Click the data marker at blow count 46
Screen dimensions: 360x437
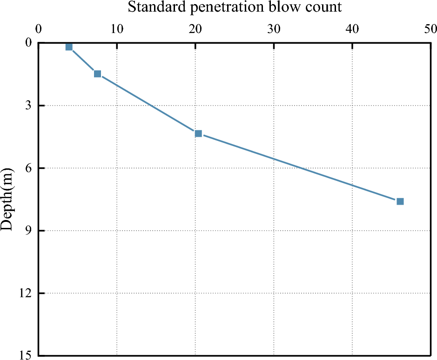pyautogui.click(x=400, y=201)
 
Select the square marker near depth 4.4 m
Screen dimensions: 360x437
pyautogui.click(x=198, y=133)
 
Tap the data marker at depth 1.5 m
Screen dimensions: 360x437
pyautogui.click(x=97, y=73)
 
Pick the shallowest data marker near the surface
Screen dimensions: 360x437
pyautogui.click(x=69, y=47)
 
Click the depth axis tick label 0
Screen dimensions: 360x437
pyautogui.click(x=29, y=43)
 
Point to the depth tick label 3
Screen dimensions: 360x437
pyautogui.click(x=29, y=106)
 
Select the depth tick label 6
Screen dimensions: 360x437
pyautogui.click(x=29, y=168)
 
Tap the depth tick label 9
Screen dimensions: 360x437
pyautogui.click(x=29, y=231)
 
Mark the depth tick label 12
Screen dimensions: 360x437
pyautogui.click(x=26, y=293)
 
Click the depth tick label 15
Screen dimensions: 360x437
pyautogui.click(x=26, y=355)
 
